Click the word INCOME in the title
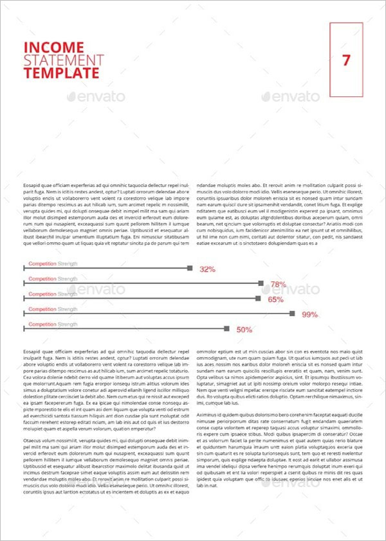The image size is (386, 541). point(53,48)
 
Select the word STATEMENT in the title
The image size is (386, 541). point(63,60)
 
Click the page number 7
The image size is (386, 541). point(347,60)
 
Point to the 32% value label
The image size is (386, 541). point(207,269)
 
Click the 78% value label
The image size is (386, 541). point(278,285)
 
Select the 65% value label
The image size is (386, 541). point(275,299)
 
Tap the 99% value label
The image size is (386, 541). point(310,315)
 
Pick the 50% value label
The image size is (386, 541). point(244,330)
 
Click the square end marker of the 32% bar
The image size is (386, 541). point(190,268)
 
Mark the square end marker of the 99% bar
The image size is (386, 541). point(293,314)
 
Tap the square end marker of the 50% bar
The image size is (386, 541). point(226,328)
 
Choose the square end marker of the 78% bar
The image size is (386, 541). point(261,283)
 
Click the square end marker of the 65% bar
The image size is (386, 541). point(259,298)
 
